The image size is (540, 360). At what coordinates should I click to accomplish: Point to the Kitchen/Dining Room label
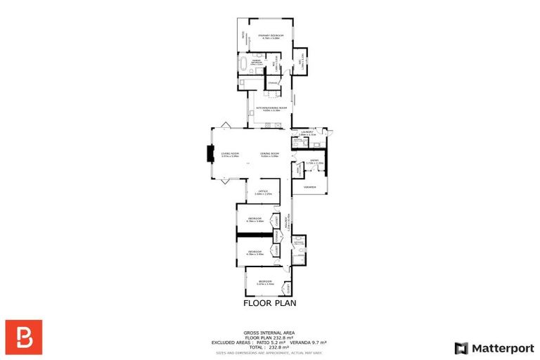268,108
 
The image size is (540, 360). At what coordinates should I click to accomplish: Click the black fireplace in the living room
210,154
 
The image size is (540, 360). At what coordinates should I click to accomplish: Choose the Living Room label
230,153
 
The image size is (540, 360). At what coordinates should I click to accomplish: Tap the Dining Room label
269,153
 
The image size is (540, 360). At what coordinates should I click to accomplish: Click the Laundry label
305,131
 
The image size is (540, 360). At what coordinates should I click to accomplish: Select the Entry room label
314,161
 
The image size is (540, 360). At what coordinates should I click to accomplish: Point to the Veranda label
309,187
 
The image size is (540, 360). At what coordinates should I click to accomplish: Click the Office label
262,191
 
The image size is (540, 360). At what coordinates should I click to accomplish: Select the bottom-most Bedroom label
264,281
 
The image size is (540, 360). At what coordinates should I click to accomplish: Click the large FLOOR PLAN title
269,304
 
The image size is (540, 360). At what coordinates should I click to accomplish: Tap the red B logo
24,337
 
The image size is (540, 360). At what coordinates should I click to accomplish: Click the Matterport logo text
501,348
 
